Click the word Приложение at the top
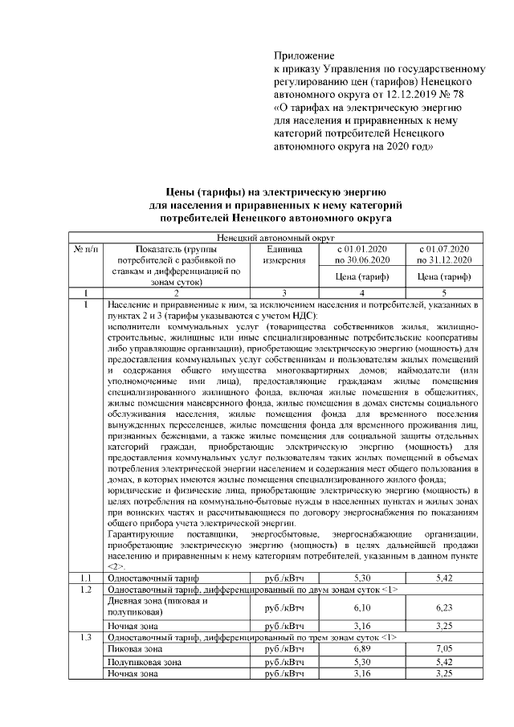[x=304, y=55]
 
